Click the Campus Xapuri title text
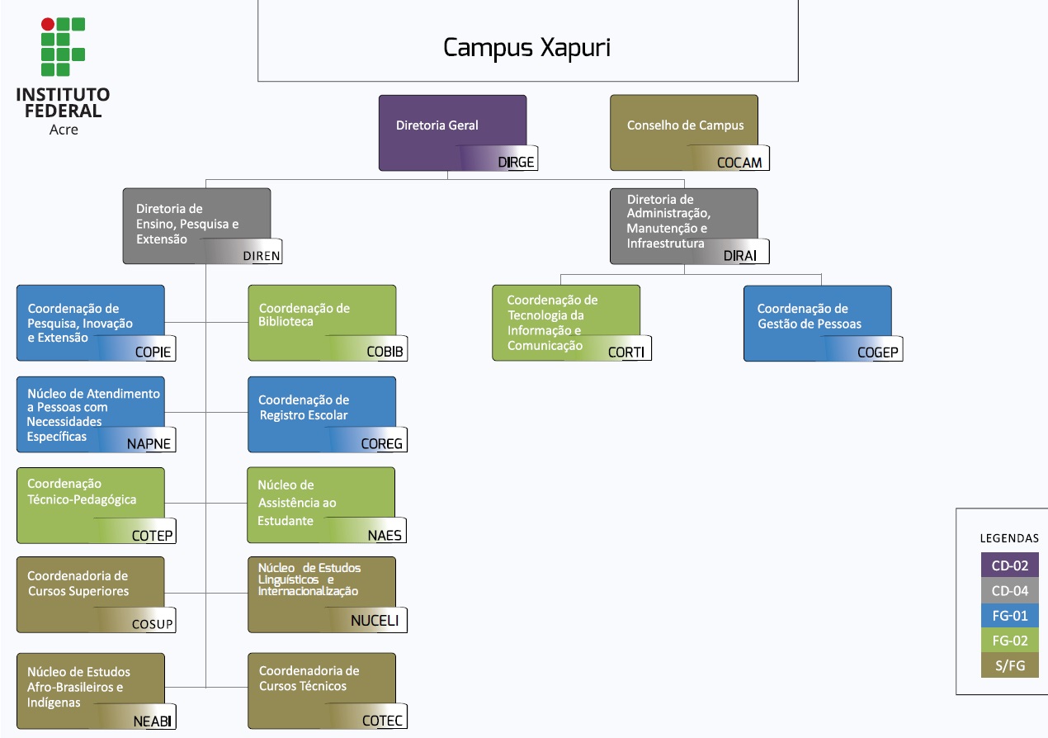[526, 48]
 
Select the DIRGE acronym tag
[516, 163]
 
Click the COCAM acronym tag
[739, 163]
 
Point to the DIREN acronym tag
[262, 256]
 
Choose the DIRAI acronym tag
[739, 255]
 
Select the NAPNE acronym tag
[149, 444]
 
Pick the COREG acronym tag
[382, 444]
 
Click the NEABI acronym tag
[153, 721]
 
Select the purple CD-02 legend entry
[1009, 565]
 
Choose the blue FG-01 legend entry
[1009, 615]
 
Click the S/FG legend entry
[1009, 665]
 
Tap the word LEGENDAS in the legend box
[1009, 537]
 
